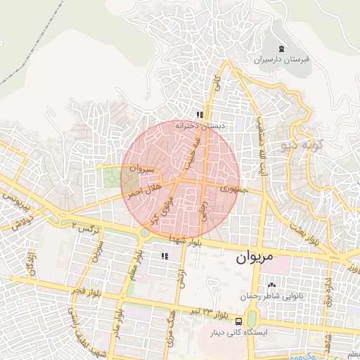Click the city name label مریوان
pyautogui.click(x=250, y=257)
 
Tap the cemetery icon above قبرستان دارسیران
pyautogui.click(x=281, y=49)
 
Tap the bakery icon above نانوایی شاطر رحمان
pyautogui.click(x=272, y=285)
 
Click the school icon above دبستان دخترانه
pyautogui.click(x=200, y=115)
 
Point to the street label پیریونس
pyautogui.click(x=15, y=207)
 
